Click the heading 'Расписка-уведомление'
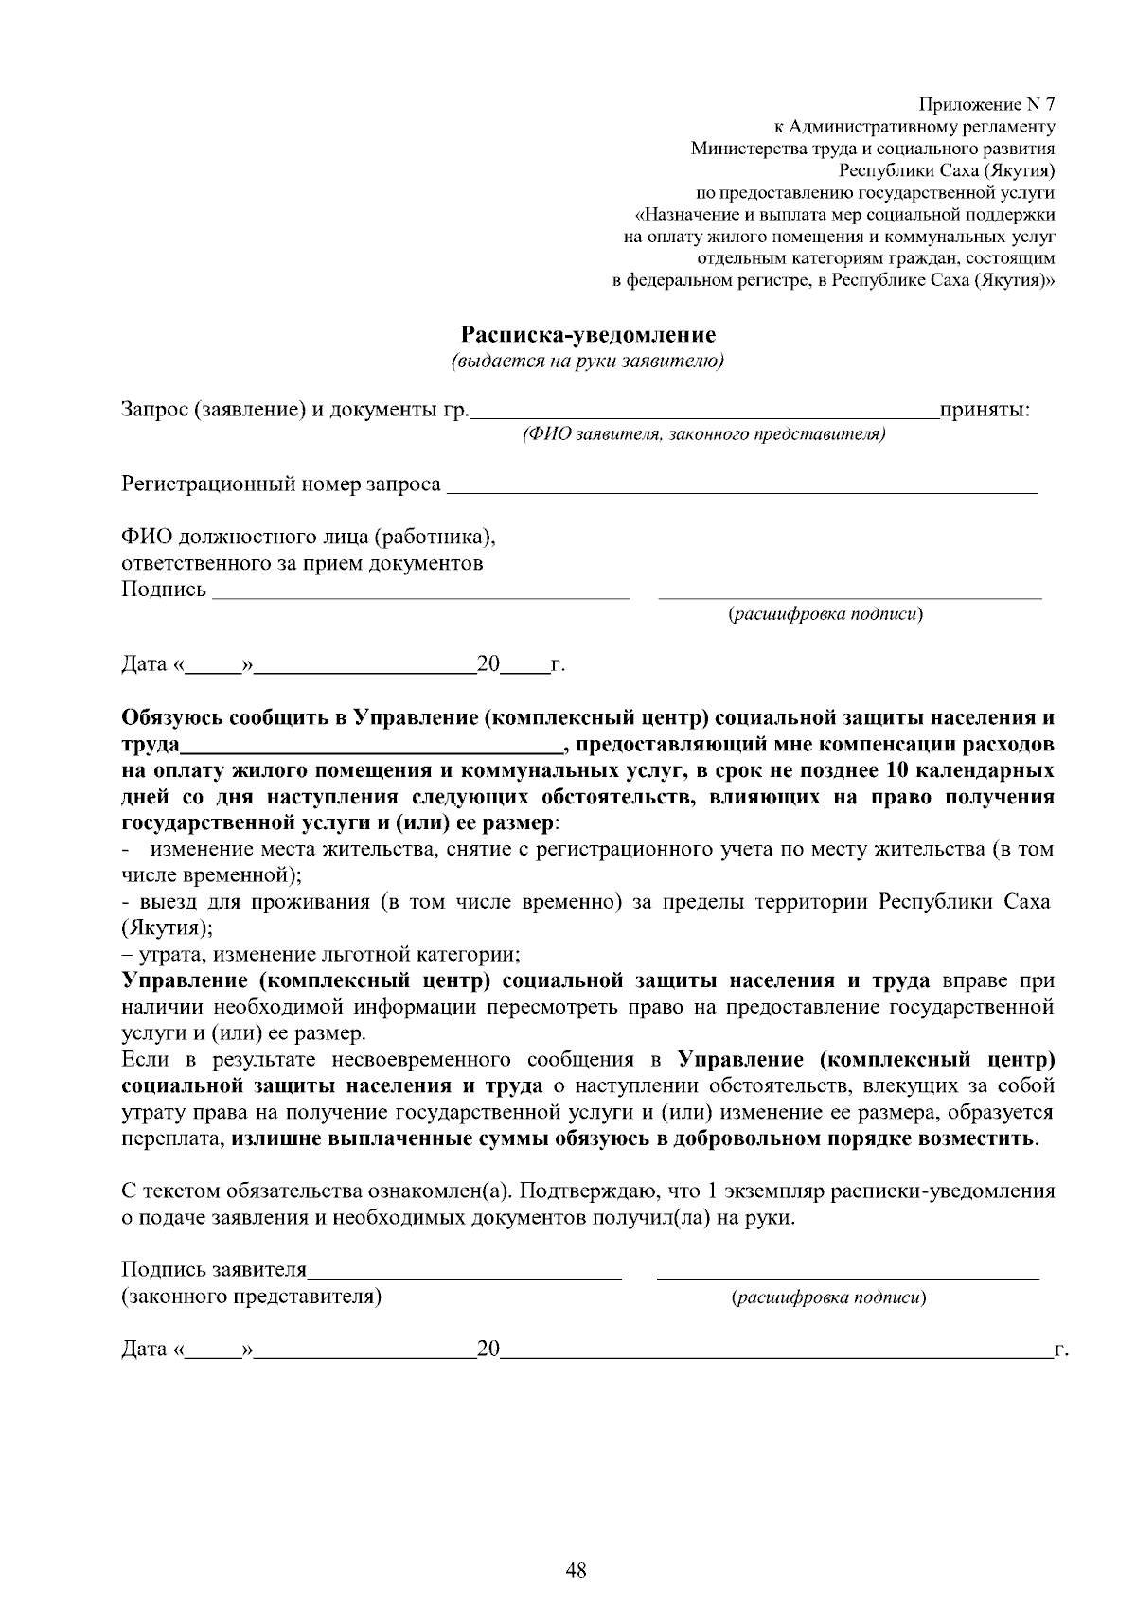coord(588,335)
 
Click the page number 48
coord(576,1572)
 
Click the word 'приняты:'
coord(985,411)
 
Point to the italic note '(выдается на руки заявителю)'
coord(588,362)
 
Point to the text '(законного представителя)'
coord(252,1297)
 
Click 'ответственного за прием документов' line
coord(302,565)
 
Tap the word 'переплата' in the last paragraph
coord(172,1138)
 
